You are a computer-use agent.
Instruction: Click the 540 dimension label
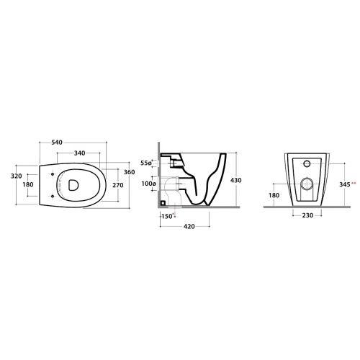(x=57, y=143)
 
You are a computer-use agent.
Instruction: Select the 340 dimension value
(x=79, y=153)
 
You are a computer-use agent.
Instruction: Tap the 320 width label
(x=17, y=176)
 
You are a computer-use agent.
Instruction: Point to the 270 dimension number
(x=118, y=185)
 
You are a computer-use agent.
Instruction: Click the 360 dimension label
(x=130, y=172)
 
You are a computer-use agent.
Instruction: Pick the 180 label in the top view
(x=28, y=184)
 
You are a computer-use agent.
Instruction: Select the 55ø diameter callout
(x=146, y=163)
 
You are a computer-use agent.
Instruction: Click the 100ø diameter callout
(x=149, y=184)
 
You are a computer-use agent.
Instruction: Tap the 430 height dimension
(x=235, y=180)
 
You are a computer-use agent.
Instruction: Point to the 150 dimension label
(x=167, y=216)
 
